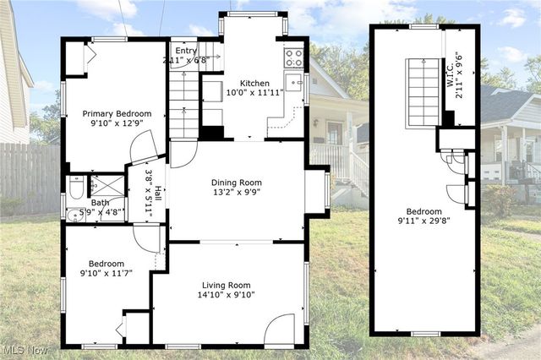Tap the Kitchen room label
[254, 83]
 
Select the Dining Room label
[236, 183]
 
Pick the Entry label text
[184, 51]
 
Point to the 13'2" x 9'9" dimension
[236, 193]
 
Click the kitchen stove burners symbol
[293, 57]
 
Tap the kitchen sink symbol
[293, 82]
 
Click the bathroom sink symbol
[74, 215]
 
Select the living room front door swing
[279, 330]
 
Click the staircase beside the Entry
[183, 101]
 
